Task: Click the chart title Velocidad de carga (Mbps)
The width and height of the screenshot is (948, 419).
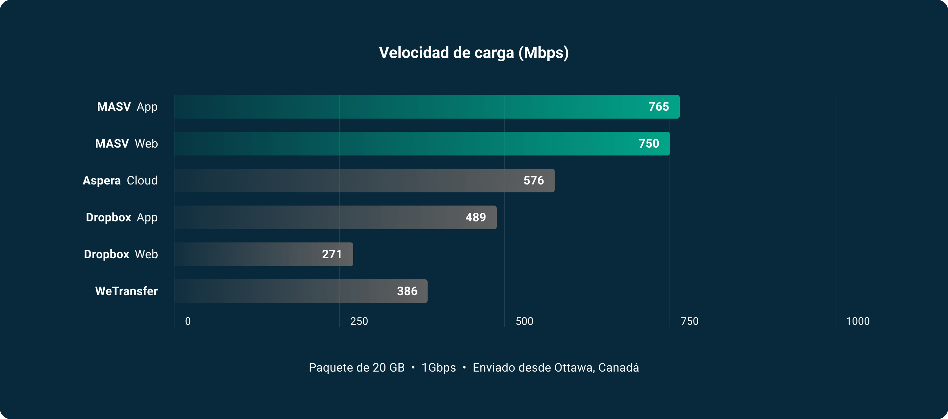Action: pyautogui.click(x=474, y=53)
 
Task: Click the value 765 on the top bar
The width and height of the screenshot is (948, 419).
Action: pyautogui.click(x=658, y=107)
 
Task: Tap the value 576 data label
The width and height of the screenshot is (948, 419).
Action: pyautogui.click(x=533, y=181)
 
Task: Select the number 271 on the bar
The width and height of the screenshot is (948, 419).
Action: pyautogui.click(x=331, y=254)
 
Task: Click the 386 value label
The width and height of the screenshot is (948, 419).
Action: pyautogui.click(x=407, y=291)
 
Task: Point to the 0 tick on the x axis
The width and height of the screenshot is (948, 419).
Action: pyautogui.click(x=188, y=321)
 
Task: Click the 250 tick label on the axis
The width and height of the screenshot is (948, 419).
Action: pyautogui.click(x=359, y=321)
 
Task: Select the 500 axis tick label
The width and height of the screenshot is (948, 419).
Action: pyautogui.click(x=524, y=321)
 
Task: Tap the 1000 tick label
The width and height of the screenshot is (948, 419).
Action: pyautogui.click(x=857, y=321)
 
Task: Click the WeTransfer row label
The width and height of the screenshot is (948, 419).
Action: pyautogui.click(x=126, y=291)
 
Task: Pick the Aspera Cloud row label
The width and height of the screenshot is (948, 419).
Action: pyautogui.click(x=120, y=181)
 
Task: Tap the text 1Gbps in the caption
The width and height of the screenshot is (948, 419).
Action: pyautogui.click(x=438, y=368)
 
